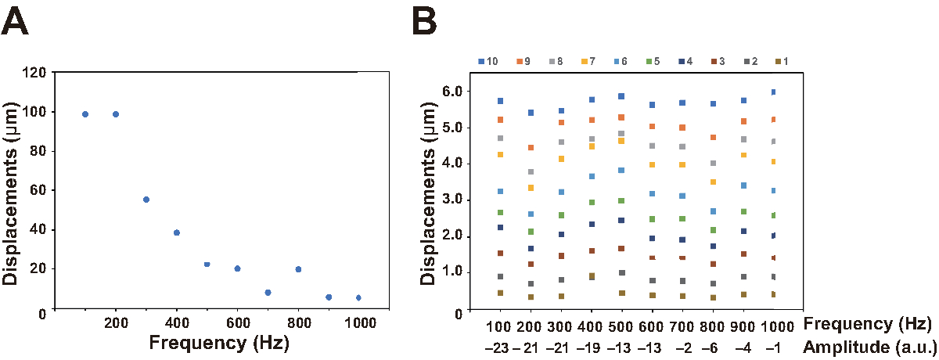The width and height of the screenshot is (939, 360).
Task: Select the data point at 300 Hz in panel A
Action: (146, 200)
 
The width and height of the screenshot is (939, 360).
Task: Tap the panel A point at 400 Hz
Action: (177, 232)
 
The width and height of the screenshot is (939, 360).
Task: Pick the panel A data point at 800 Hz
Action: (298, 269)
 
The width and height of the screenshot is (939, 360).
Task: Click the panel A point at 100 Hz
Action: (85, 114)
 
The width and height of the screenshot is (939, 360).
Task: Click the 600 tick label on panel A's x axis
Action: (237, 322)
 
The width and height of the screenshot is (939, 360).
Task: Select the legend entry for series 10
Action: (487, 60)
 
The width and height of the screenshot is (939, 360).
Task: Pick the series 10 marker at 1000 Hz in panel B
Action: (774, 92)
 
